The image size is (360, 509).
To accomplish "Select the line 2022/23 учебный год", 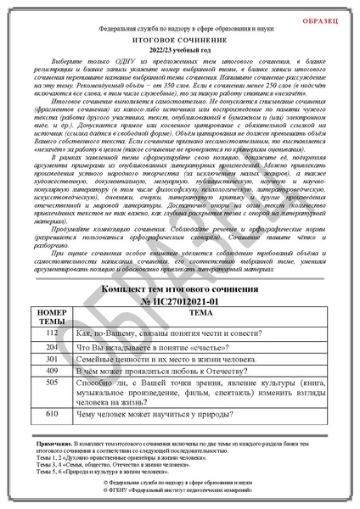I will (179, 49).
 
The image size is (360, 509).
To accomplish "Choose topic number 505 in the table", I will (53, 383).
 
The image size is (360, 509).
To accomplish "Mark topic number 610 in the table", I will (53, 413).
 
